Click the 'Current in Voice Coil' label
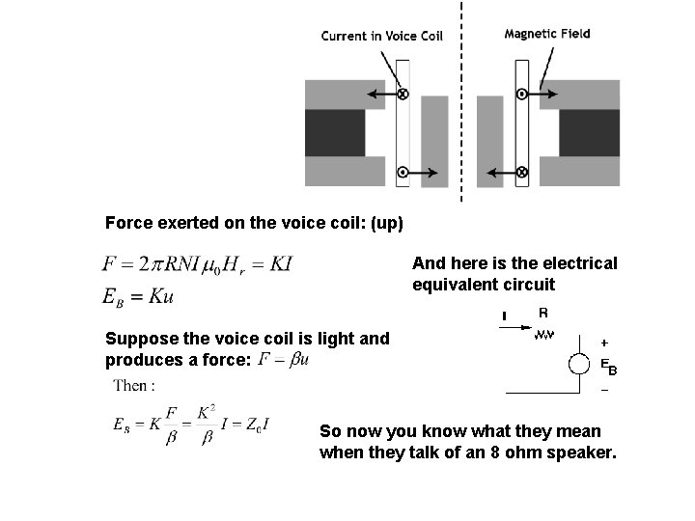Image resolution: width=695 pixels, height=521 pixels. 381,37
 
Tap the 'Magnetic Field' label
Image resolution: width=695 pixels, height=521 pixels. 547,34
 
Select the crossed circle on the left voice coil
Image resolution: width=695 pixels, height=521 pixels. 403,94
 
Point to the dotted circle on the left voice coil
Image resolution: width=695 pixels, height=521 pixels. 403,172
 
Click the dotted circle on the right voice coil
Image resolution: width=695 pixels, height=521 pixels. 521,94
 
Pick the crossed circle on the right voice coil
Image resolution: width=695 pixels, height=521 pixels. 521,172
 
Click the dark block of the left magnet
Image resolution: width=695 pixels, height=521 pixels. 335,133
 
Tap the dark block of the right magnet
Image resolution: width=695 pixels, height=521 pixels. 589,133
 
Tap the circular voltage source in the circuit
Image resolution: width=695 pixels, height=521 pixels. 578,365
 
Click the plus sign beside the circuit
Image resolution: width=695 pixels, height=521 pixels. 605,342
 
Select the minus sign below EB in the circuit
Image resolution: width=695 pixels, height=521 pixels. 605,391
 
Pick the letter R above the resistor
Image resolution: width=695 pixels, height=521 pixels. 542,313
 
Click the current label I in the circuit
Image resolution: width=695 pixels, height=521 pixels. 504,315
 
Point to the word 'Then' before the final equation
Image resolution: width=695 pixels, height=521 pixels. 130,386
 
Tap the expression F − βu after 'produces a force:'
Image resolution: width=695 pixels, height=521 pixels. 285,360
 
